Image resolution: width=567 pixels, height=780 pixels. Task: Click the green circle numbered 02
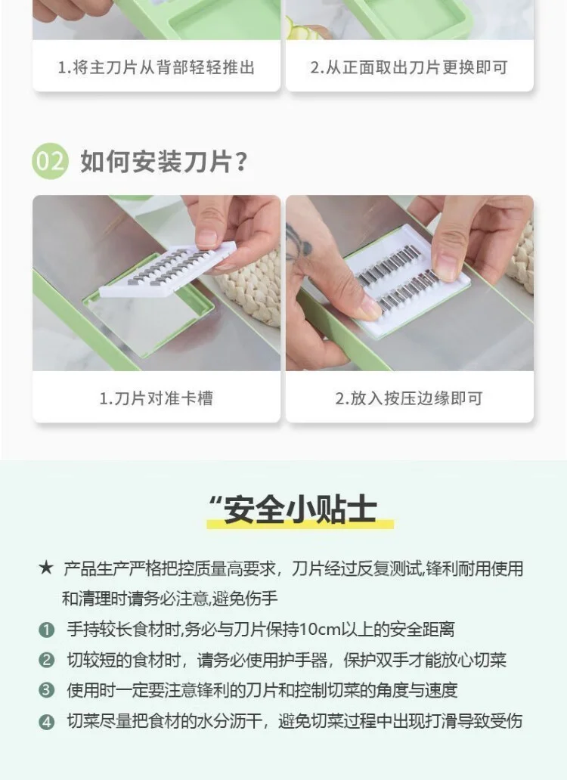pos(51,162)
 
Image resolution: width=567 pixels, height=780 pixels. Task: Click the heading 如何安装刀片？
pos(164,162)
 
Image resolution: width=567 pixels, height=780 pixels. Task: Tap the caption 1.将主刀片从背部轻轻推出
pos(156,67)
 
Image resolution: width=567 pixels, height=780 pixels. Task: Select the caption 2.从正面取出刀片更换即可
pos(409,67)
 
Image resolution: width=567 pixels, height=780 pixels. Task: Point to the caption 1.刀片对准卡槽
pos(156,398)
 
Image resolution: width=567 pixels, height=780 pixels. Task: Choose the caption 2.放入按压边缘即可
pos(409,398)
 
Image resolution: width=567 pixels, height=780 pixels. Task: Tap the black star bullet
pos(45,568)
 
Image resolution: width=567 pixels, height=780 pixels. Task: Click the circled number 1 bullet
pos(47,629)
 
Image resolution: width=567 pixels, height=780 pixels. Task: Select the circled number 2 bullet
pos(47,660)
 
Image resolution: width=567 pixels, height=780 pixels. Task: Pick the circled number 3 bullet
pos(47,690)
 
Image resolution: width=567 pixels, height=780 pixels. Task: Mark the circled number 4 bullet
pos(47,721)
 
